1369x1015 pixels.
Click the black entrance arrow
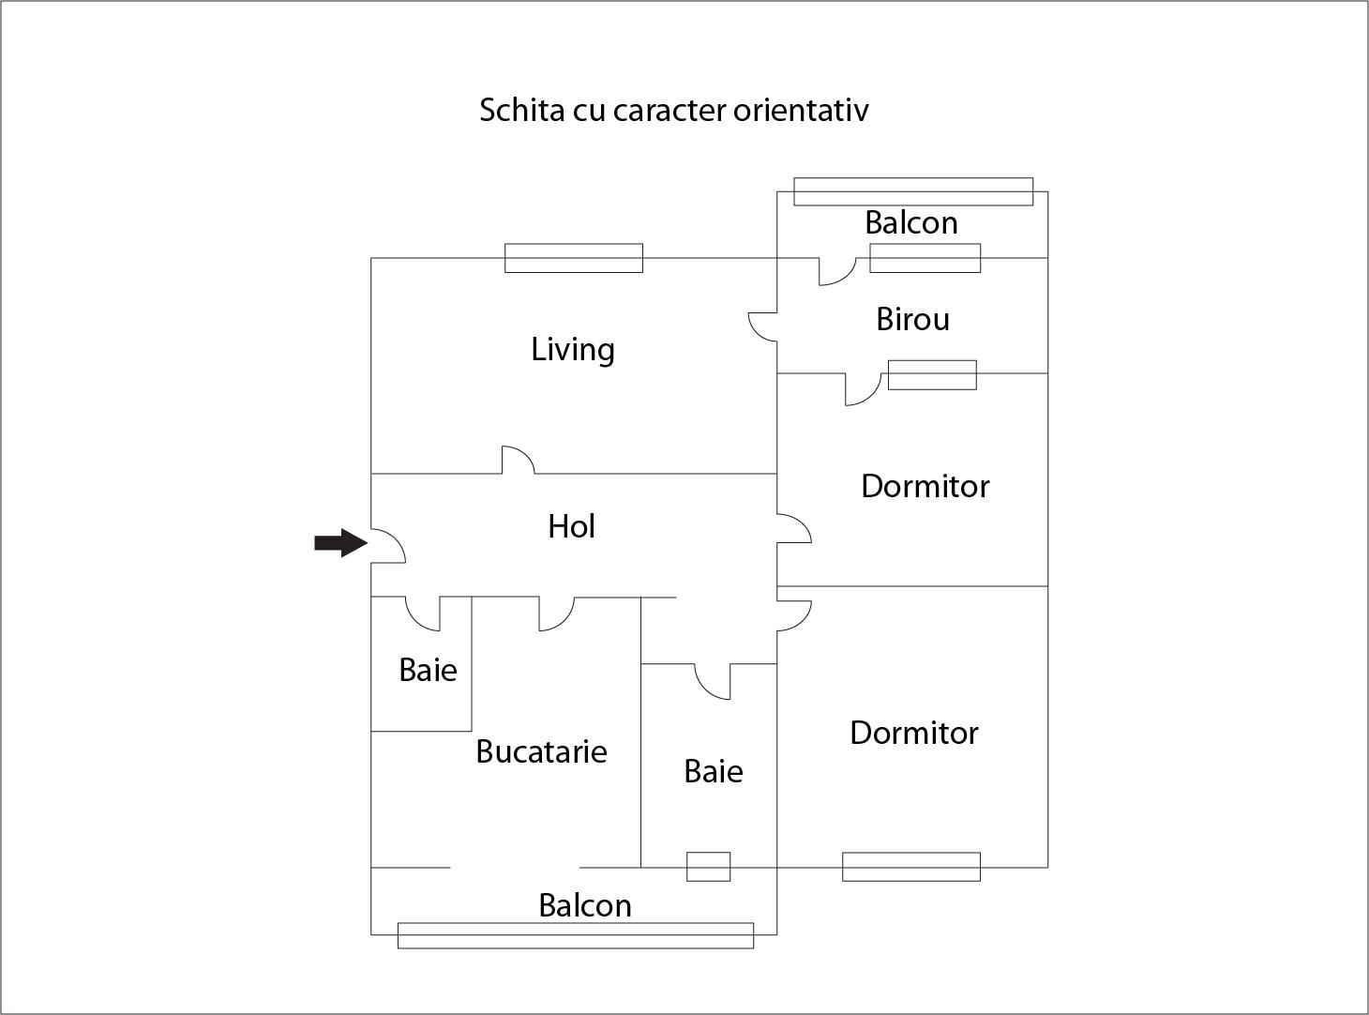pyautogui.click(x=339, y=542)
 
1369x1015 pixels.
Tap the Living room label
pyautogui.click(x=573, y=349)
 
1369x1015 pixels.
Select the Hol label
pyautogui.click(x=571, y=526)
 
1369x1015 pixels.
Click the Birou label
pyautogui.click(x=912, y=319)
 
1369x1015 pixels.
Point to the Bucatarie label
pyautogui.click(x=541, y=751)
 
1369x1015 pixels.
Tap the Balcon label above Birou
pyautogui.click(x=910, y=222)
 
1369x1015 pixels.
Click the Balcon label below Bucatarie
pyautogui.click(x=584, y=905)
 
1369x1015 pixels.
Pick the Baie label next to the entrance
pyautogui.click(x=428, y=670)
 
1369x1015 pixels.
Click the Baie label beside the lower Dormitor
pyautogui.click(x=713, y=771)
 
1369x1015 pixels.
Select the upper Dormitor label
pyautogui.click(x=925, y=486)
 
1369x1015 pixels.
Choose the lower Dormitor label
pyautogui.click(x=913, y=733)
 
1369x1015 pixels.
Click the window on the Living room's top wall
pyautogui.click(x=573, y=258)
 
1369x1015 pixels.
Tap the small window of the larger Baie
pyautogui.click(x=708, y=866)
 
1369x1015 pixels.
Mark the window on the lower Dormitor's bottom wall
pyautogui.click(x=910, y=866)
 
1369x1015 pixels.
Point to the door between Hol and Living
pyautogui.click(x=518, y=460)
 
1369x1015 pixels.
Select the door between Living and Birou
pyautogui.click(x=762, y=327)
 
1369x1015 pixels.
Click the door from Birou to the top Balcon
pyautogui.click(x=836, y=271)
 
